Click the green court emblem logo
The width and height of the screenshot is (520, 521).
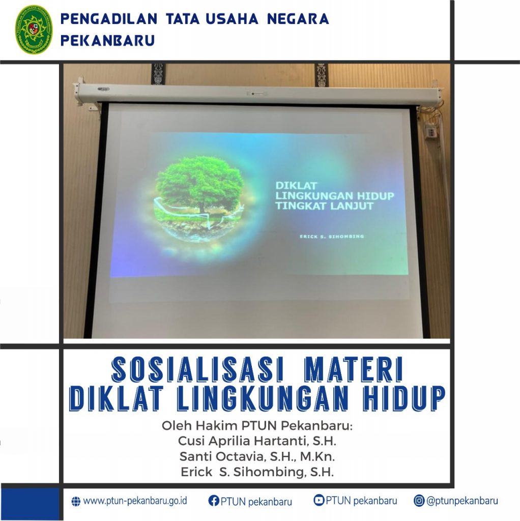pyautogui.click(x=34, y=29)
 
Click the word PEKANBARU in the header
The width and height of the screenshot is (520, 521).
pyautogui.click(x=108, y=41)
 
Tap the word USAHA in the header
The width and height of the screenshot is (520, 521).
pyautogui.click(x=232, y=19)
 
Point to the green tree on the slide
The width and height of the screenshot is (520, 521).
pyautogui.click(x=200, y=184)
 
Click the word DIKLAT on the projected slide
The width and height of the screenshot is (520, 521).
pyautogui.click(x=297, y=185)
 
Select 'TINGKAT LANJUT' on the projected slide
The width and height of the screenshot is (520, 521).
pyautogui.click(x=324, y=206)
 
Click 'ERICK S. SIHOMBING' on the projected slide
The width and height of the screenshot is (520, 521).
pyautogui.click(x=332, y=237)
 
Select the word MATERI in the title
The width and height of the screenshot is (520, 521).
pyautogui.click(x=354, y=369)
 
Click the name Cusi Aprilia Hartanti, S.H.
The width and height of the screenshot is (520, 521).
pyautogui.click(x=257, y=441)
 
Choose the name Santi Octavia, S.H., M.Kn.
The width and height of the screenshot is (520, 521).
pyautogui.click(x=257, y=456)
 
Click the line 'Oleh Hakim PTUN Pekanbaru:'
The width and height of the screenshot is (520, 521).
pyautogui.click(x=257, y=426)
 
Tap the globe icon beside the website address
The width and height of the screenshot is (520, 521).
pyautogui.click(x=76, y=501)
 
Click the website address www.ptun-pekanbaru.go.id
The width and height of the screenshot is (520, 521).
pyautogui.click(x=135, y=501)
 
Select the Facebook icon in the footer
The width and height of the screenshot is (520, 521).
pyautogui.click(x=214, y=501)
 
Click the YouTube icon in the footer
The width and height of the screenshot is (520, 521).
pyautogui.click(x=319, y=500)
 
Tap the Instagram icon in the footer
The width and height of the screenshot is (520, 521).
pyautogui.click(x=419, y=501)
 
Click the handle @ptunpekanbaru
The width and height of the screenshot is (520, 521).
pyautogui.click(x=462, y=501)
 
